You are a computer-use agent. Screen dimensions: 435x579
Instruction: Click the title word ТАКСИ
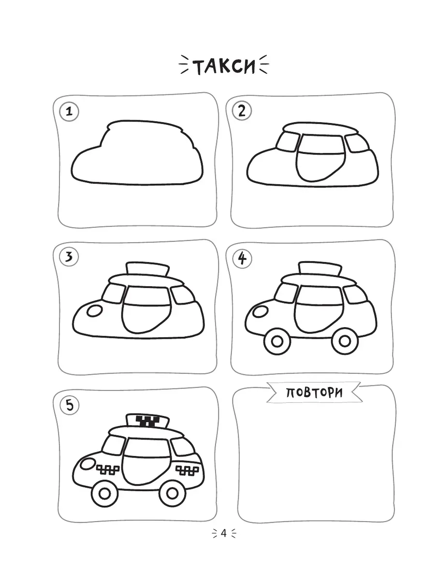pyautogui.click(x=224, y=66)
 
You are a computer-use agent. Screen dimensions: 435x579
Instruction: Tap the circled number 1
pyautogui.click(x=69, y=111)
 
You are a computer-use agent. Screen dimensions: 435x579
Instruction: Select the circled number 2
pyautogui.click(x=242, y=111)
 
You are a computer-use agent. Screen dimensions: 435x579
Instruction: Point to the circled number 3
pyautogui.click(x=69, y=257)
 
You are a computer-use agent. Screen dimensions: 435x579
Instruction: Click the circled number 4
pyautogui.click(x=242, y=259)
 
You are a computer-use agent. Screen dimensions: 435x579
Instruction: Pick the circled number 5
pyautogui.click(x=70, y=405)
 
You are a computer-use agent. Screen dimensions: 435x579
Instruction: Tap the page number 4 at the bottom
pyautogui.click(x=223, y=533)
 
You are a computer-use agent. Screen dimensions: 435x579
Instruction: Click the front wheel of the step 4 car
pyautogui.click(x=277, y=341)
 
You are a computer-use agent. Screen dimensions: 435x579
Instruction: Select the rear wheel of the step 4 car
pyautogui.click(x=345, y=341)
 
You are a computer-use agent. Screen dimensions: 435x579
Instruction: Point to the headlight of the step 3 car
pyautogui.click(x=95, y=311)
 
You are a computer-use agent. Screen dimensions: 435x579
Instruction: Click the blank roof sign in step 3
pyautogui.click(x=147, y=269)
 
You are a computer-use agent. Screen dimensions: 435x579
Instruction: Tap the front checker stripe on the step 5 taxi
pyautogui.click(x=108, y=469)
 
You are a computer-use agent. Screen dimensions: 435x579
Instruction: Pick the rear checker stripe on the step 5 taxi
pyautogui.click(x=187, y=470)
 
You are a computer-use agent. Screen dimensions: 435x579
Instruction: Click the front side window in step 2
pyautogui.click(x=288, y=142)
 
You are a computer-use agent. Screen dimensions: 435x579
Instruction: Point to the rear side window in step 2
pyautogui.click(x=356, y=143)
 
